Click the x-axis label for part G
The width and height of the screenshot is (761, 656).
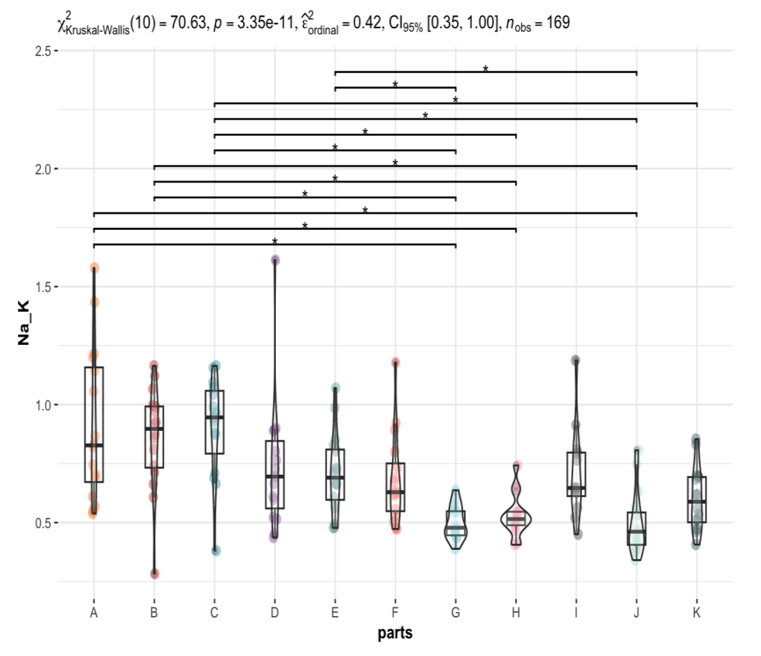tap(455, 612)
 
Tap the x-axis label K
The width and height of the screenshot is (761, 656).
tap(696, 612)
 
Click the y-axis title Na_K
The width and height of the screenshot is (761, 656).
tap(23, 323)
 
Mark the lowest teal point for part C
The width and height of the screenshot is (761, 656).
tap(216, 551)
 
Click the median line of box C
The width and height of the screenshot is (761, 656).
tap(215, 417)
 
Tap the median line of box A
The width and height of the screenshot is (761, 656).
tap(94, 445)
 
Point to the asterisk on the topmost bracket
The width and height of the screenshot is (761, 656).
tap(485, 69)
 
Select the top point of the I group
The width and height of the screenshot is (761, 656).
tap(576, 360)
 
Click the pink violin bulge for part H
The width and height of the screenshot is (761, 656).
tap(516, 519)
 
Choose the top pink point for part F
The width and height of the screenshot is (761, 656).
tap(396, 362)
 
